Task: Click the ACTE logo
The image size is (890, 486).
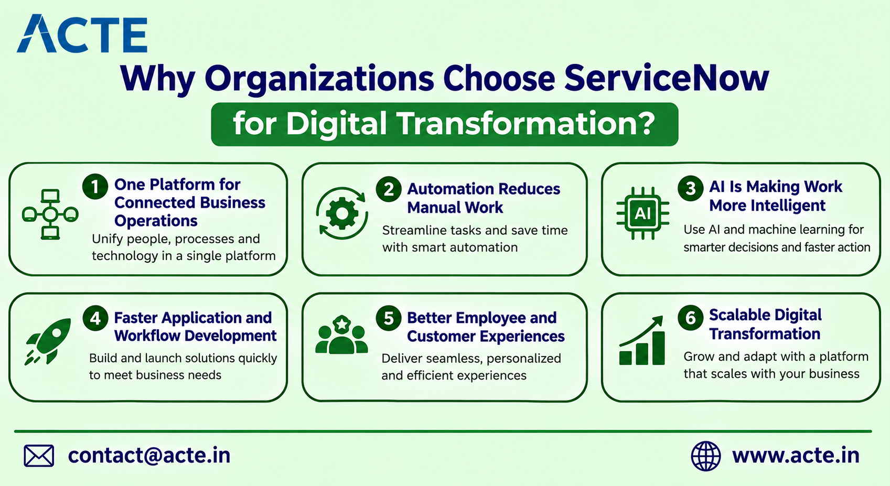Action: coord(82,34)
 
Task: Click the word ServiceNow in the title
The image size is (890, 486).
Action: coord(666,78)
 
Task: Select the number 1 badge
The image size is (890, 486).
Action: coord(95,187)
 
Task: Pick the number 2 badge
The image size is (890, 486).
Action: coord(389,189)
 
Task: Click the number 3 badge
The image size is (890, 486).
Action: coord(691,188)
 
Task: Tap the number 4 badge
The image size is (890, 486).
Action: coord(95,318)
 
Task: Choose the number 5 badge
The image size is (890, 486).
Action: coord(389,318)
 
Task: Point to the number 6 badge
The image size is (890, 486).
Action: coord(691,317)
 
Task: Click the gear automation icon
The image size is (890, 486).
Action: coord(342,213)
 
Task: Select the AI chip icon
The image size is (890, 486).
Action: coord(642,213)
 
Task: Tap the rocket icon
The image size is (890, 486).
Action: coord(48,341)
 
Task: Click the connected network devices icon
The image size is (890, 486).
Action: coord(50,214)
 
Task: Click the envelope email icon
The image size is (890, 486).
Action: coord(39,456)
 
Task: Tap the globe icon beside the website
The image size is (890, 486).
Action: coord(705,456)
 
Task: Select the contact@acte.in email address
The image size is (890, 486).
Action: coord(149,456)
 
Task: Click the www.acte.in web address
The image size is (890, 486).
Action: coord(796,456)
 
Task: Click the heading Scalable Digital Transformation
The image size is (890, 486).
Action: coord(765,325)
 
